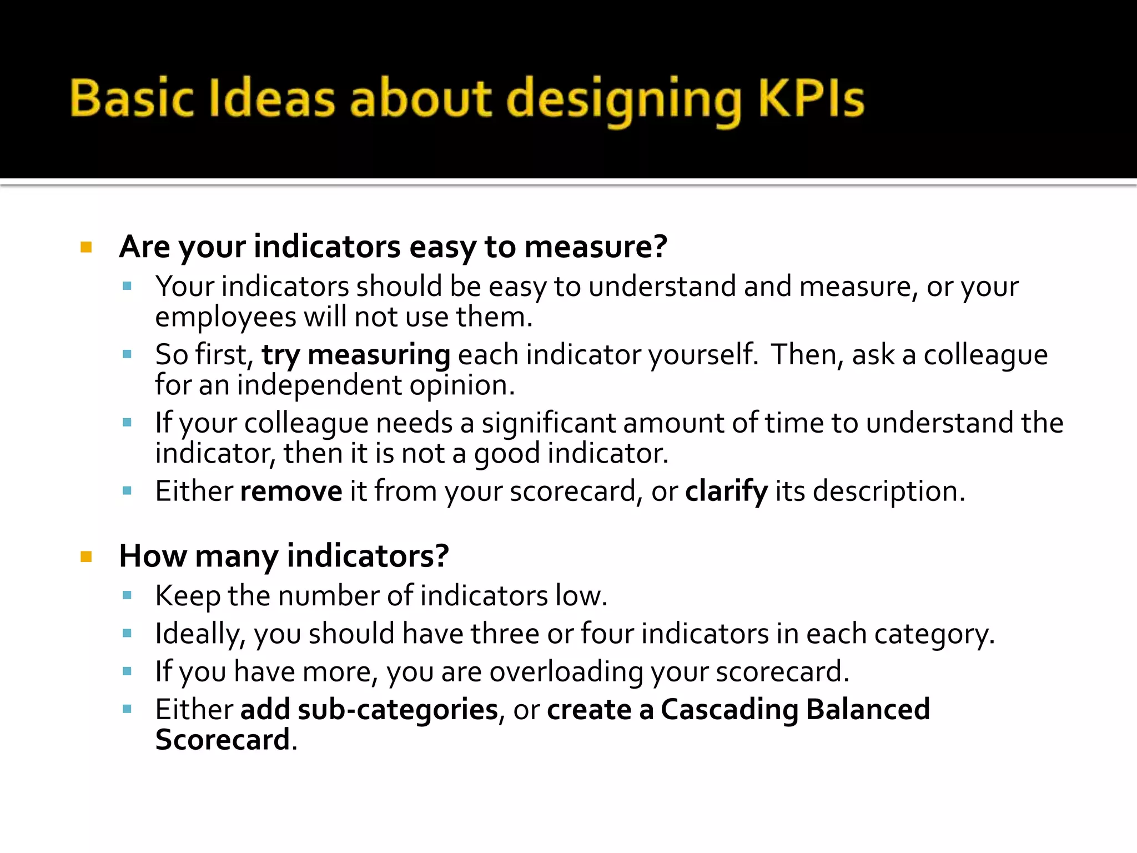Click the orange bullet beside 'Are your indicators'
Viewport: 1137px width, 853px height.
point(86,247)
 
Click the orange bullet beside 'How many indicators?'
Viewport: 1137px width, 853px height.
point(86,556)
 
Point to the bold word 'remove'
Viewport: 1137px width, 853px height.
point(291,491)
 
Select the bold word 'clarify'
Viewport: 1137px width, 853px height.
point(727,491)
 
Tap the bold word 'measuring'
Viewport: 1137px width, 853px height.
point(379,354)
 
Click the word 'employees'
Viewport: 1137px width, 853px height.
point(225,317)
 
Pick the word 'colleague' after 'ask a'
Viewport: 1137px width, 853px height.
point(985,354)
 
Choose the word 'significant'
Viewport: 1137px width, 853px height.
point(549,423)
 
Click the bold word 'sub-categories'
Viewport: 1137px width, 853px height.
point(398,709)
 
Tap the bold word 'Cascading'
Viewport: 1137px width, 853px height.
point(729,709)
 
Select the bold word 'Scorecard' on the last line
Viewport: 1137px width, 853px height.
point(223,740)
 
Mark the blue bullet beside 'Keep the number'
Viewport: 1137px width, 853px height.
point(127,596)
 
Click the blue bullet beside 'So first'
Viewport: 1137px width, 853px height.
point(127,354)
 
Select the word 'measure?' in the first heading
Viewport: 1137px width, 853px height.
point(596,247)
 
